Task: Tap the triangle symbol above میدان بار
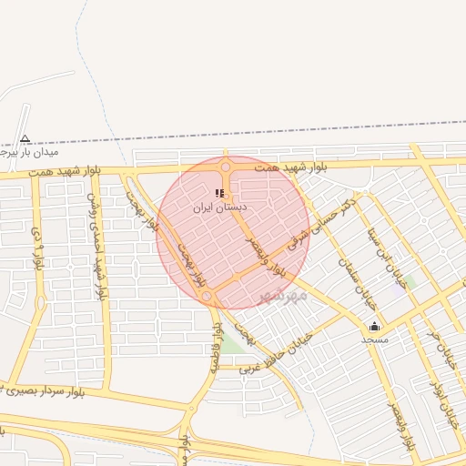(x=25, y=139)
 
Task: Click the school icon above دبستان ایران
(x=219, y=192)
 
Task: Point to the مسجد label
(x=374, y=339)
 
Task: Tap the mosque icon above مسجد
(x=374, y=326)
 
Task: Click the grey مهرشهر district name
(x=283, y=297)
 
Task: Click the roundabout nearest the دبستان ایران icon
(x=225, y=167)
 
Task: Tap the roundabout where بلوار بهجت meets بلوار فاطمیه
(x=208, y=297)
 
